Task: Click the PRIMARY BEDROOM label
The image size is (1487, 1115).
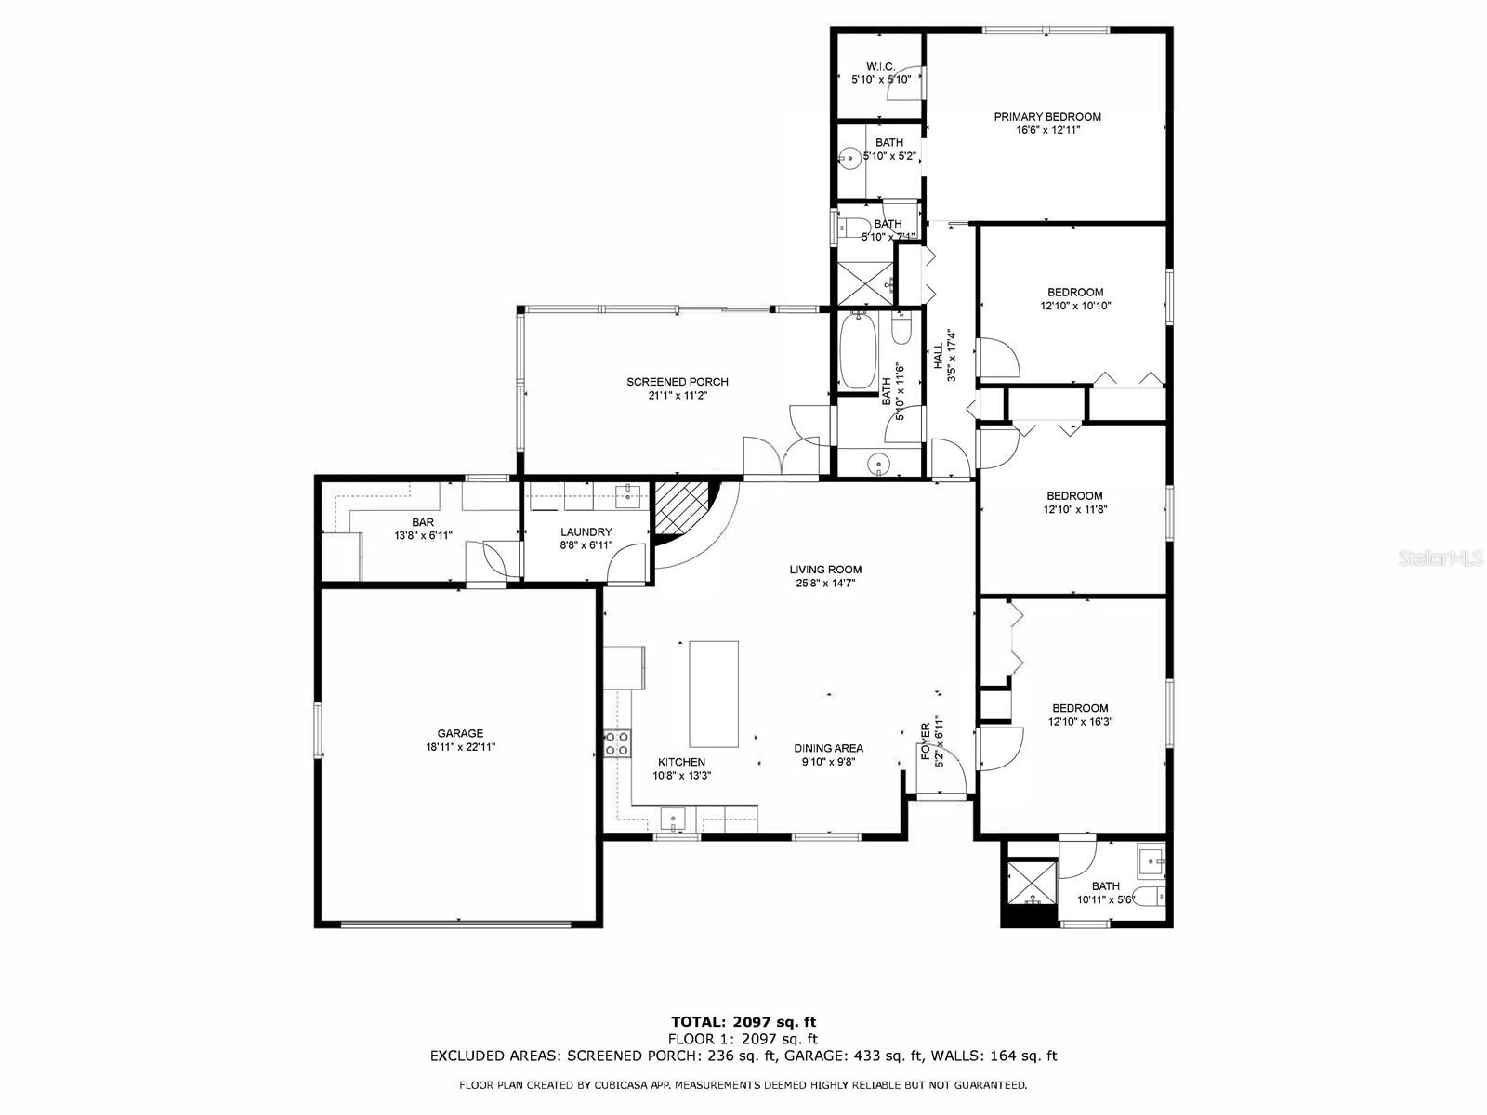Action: click(1047, 117)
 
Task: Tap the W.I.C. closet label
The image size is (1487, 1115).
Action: click(881, 66)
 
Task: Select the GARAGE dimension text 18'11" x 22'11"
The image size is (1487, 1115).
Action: click(460, 747)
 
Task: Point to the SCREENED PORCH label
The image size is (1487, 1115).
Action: click(678, 382)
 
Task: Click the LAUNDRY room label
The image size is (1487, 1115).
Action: click(586, 532)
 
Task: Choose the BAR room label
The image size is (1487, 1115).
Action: click(423, 522)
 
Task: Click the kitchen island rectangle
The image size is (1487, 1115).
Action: click(714, 694)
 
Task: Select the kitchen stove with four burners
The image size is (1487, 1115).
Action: click(617, 743)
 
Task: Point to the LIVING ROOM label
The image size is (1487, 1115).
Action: click(825, 570)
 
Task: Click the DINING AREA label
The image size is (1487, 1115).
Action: click(828, 748)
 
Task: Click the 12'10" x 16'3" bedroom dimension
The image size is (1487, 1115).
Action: click(1081, 722)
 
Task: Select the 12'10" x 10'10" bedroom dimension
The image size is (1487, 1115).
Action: click(1075, 306)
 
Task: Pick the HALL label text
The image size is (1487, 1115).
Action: click(939, 356)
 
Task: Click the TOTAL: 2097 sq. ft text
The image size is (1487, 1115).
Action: click(743, 1021)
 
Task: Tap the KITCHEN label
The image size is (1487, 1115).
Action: click(681, 762)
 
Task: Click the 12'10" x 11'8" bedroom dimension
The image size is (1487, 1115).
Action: click(1075, 509)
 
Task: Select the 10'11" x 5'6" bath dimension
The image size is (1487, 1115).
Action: click(1106, 899)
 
